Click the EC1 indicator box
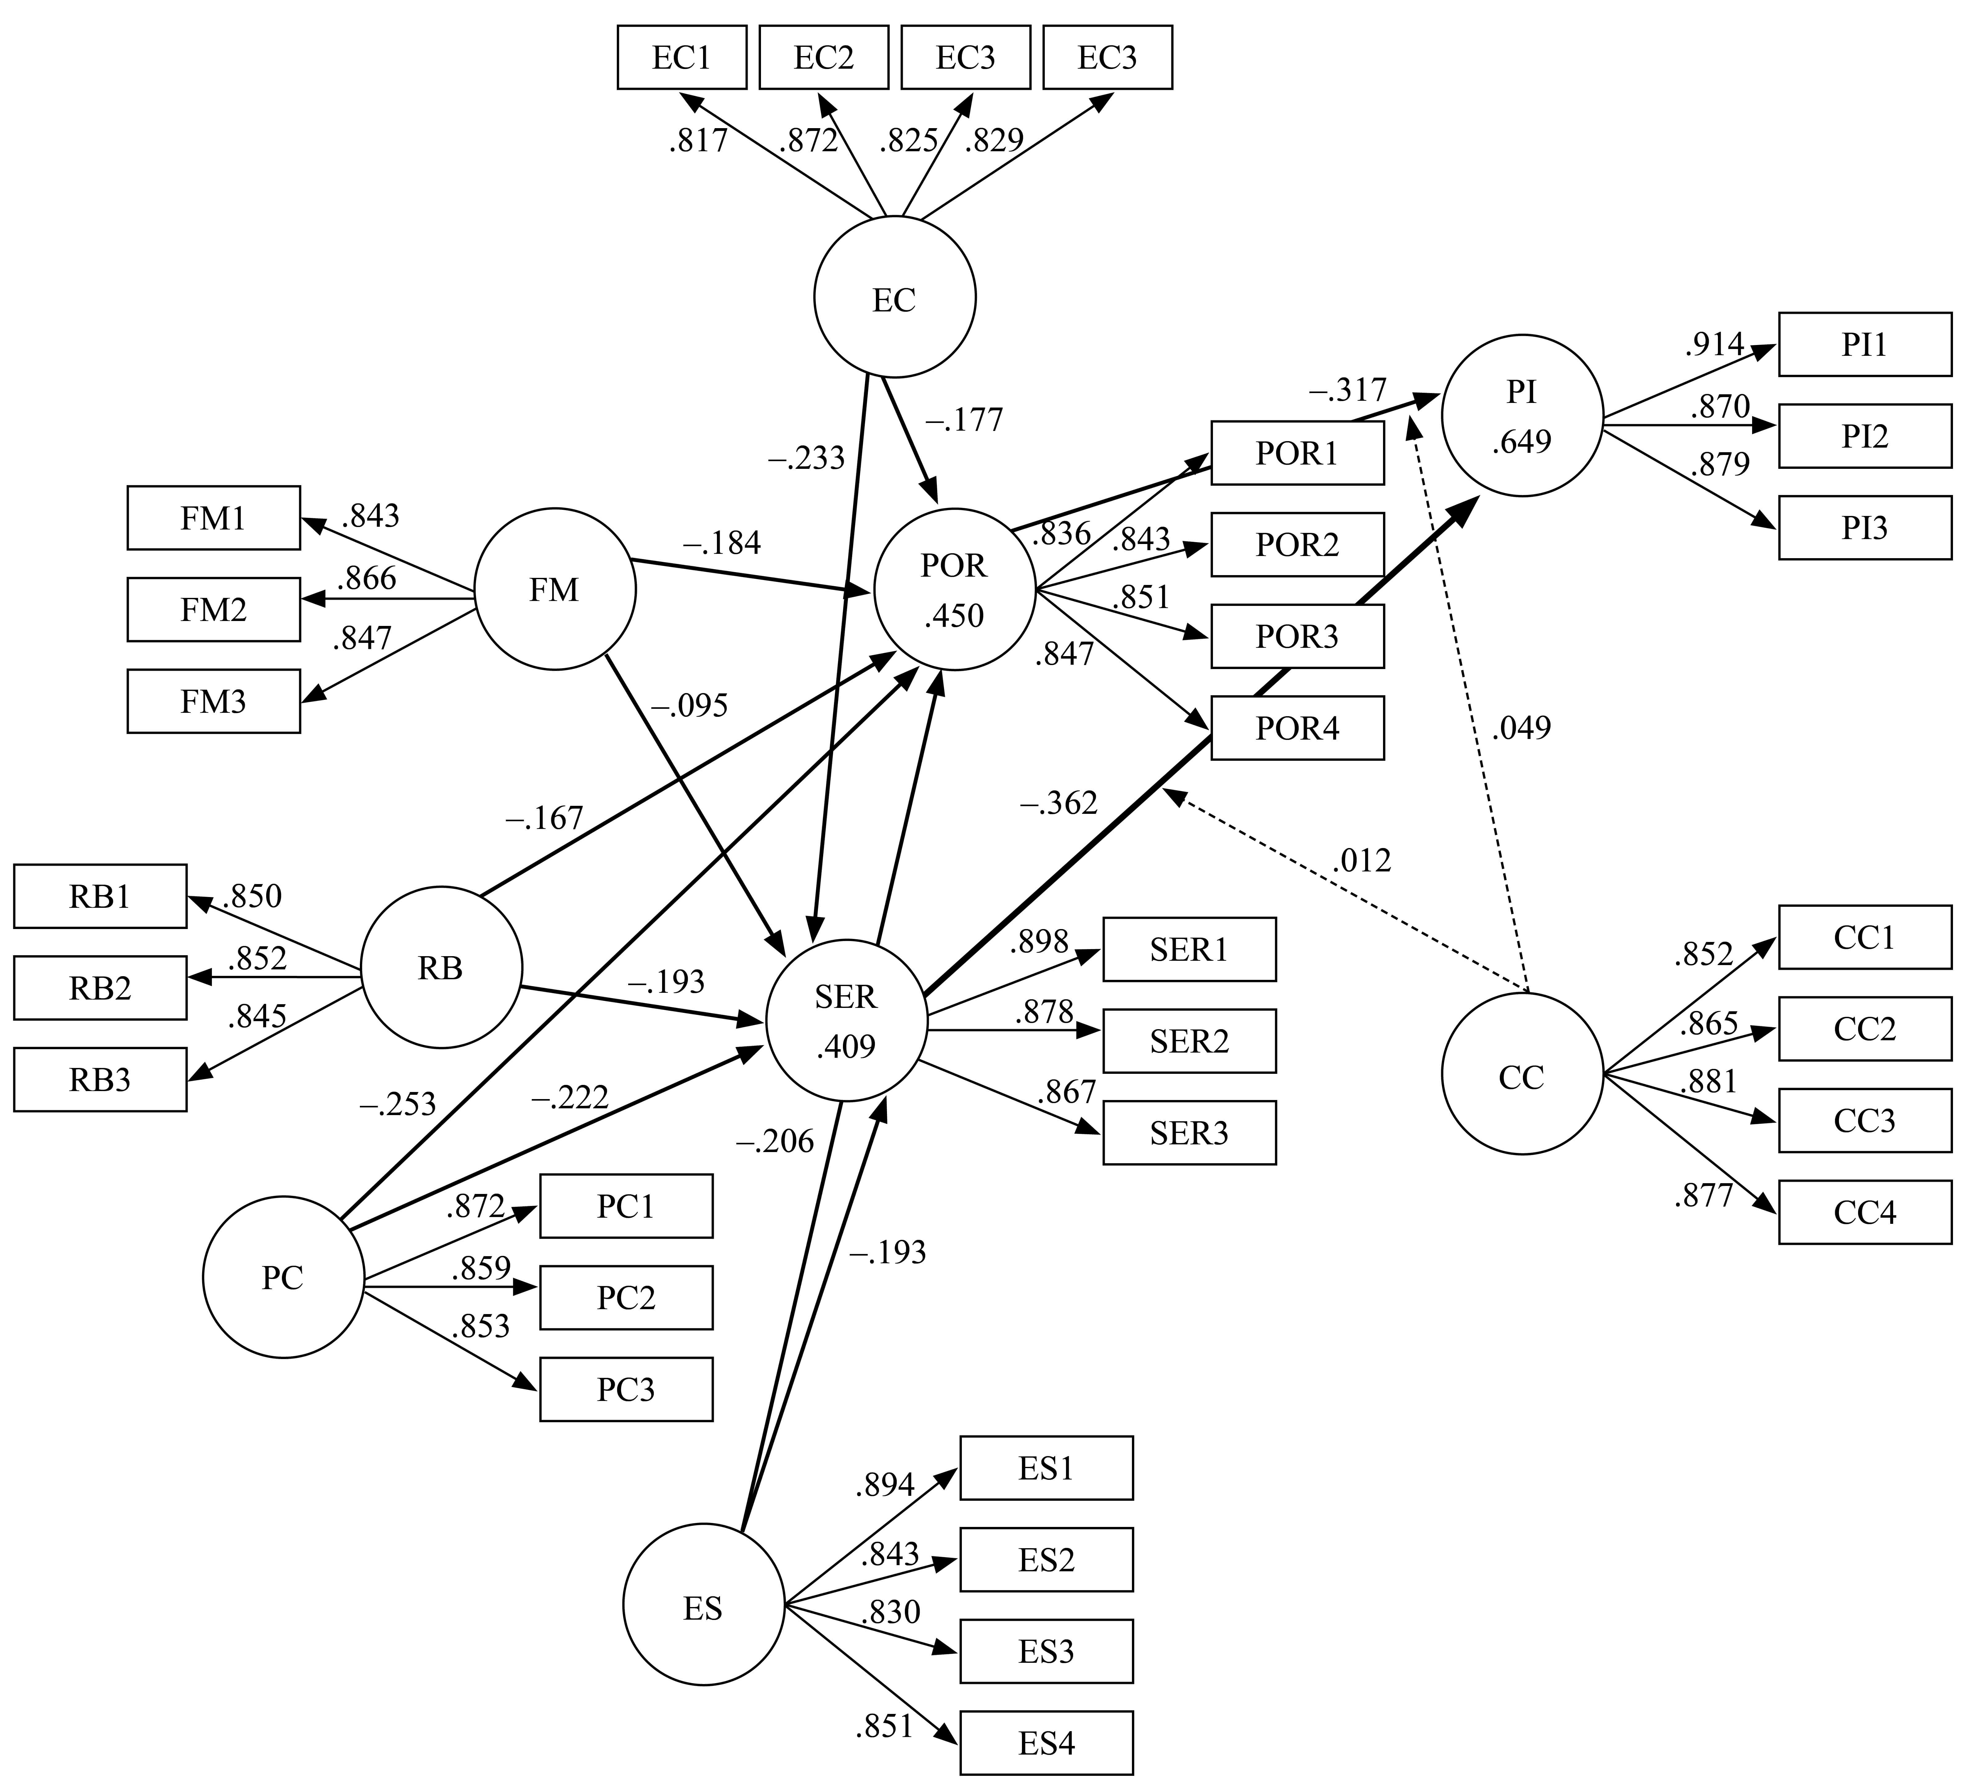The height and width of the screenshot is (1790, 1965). pyautogui.click(x=681, y=58)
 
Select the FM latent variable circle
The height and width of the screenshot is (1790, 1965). pyautogui.click(x=555, y=590)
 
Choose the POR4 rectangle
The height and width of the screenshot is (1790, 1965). pyautogui.click(x=1297, y=728)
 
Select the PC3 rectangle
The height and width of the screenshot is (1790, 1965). pyautogui.click(x=626, y=1390)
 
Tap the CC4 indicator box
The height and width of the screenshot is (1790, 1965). pyautogui.click(x=1865, y=1212)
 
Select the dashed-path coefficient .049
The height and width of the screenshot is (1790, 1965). pyautogui.click(x=1520, y=728)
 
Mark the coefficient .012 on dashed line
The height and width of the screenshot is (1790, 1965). pyautogui.click(x=1362, y=860)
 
